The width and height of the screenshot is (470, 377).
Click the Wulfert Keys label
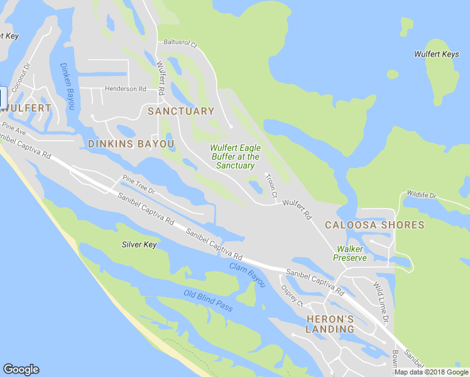click(436, 55)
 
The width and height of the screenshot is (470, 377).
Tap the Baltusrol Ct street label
click(180, 45)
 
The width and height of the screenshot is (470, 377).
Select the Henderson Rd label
click(125, 89)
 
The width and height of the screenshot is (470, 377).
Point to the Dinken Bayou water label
click(67, 87)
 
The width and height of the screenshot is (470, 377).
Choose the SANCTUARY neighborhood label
click(181, 111)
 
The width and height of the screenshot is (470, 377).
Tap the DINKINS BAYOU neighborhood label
click(131, 144)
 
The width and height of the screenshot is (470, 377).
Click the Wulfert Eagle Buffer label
click(235, 156)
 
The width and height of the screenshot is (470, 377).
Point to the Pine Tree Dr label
click(138, 183)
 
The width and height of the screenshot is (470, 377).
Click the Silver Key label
click(139, 244)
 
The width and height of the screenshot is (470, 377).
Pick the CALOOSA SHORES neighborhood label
click(374, 225)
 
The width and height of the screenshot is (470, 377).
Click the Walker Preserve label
click(350, 253)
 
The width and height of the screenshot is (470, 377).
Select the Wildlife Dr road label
click(421, 195)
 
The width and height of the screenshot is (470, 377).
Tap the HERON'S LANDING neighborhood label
click(331, 324)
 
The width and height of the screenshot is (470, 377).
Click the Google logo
click(21, 369)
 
